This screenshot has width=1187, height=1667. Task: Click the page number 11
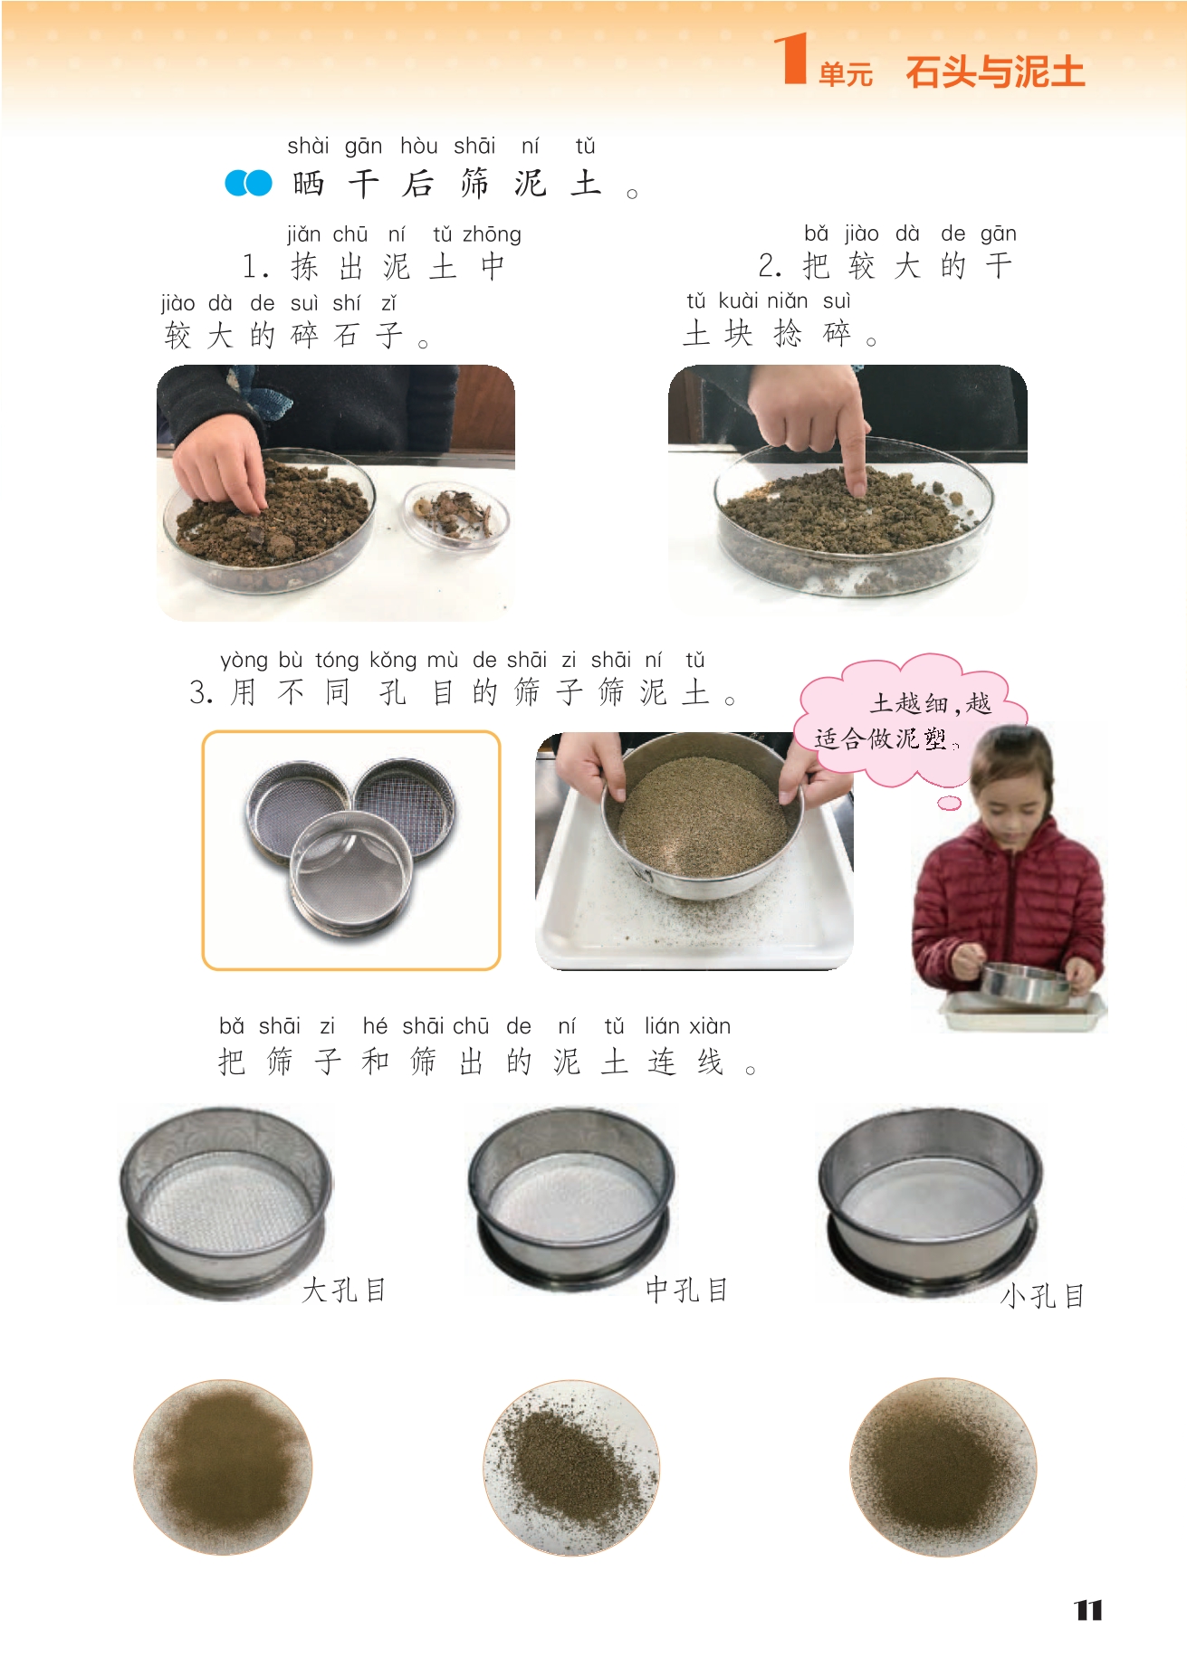[1088, 1610]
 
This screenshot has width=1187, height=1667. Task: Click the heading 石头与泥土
[995, 72]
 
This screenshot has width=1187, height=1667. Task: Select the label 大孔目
[343, 1290]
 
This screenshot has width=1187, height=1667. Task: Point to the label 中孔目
[687, 1290]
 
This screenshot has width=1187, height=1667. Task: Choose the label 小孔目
[1042, 1296]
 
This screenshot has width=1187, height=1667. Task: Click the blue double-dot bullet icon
[248, 183]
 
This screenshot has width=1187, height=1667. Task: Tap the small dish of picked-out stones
[455, 514]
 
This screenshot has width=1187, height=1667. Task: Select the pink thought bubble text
[904, 721]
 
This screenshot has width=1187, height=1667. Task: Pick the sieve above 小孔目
[931, 1199]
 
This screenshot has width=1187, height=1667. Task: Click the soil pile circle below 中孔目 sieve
[571, 1467]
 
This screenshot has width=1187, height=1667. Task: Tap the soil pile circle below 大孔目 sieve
[223, 1467]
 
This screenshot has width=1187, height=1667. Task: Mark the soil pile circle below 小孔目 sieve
[943, 1467]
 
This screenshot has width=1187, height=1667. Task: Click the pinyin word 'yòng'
[244, 661]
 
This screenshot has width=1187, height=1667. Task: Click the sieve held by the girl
[1026, 984]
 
